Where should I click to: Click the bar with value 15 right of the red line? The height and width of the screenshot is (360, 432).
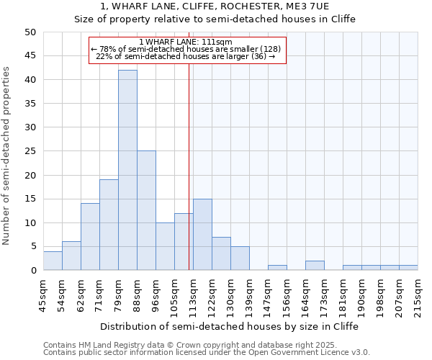click(202, 234)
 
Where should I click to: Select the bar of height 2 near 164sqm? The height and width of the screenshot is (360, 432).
click(315, 266)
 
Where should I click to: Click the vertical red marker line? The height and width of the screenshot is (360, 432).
click(189, 180)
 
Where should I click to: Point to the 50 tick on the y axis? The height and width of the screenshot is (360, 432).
click(30, 32)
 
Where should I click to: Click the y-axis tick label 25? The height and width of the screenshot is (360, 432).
click(30, 151)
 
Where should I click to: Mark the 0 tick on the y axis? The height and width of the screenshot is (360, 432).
click(32, 271)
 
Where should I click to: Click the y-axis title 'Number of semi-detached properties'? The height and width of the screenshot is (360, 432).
click(7, 156)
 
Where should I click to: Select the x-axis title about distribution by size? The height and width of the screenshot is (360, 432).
click(229, 326)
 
